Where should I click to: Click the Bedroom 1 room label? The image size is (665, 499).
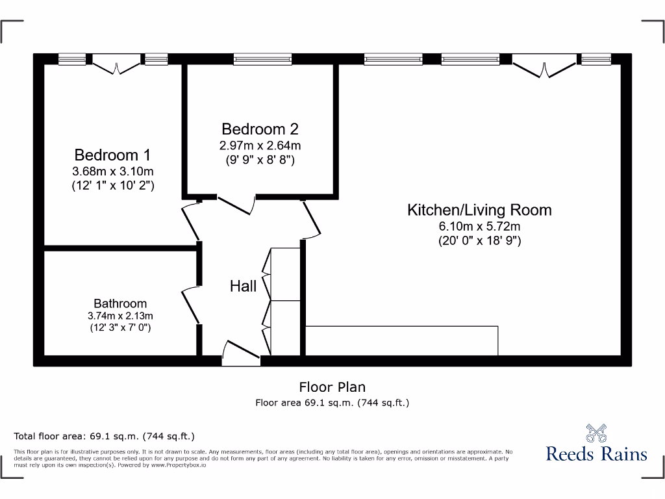(112, 155)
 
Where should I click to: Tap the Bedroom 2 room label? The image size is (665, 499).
(260, 129)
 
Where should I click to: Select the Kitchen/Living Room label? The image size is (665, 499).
(479, 210)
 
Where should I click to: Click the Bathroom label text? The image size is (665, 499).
(120, 303)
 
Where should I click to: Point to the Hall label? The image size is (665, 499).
(243, 286)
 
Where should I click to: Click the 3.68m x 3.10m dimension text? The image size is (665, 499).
(112, 172)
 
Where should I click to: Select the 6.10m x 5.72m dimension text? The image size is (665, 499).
(479, 226)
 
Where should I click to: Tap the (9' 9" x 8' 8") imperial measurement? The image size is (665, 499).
(260, 160)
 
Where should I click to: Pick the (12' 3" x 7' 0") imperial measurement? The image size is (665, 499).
(120, 328)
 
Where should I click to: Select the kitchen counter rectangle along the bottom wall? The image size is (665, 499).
(401, 340)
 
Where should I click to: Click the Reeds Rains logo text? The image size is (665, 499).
(596, 454)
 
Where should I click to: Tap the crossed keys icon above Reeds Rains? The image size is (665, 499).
(596, 433)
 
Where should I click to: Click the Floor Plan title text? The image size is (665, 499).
(332, 387)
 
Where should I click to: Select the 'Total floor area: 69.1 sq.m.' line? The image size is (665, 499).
(105, 436)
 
